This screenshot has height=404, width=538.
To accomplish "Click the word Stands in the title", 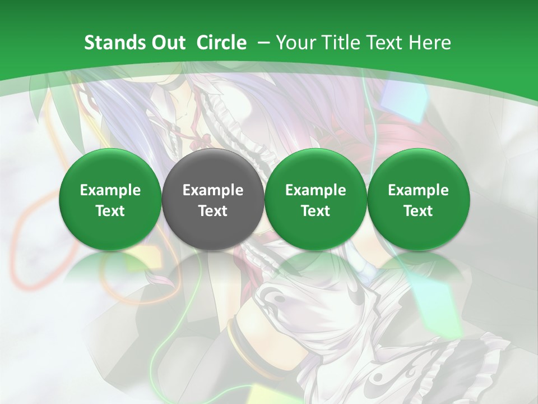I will [112, 43].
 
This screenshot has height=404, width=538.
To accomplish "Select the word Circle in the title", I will [221, 43].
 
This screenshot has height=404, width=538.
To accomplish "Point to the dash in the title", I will [263, 43].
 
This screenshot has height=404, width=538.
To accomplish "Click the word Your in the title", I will [295, 43].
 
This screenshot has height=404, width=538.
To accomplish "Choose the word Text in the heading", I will [382, 43].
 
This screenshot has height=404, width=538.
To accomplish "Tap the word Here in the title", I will [429, 43].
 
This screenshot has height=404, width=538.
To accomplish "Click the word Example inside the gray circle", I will [213, 190].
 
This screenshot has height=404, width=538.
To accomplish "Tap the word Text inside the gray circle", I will [213, 211].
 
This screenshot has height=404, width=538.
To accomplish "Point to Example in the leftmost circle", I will [110, 190].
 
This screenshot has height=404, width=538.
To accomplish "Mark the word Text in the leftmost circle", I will [110, 211].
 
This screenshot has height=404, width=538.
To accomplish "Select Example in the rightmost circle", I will [418, 190].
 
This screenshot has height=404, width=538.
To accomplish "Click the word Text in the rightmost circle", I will [418, 211].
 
